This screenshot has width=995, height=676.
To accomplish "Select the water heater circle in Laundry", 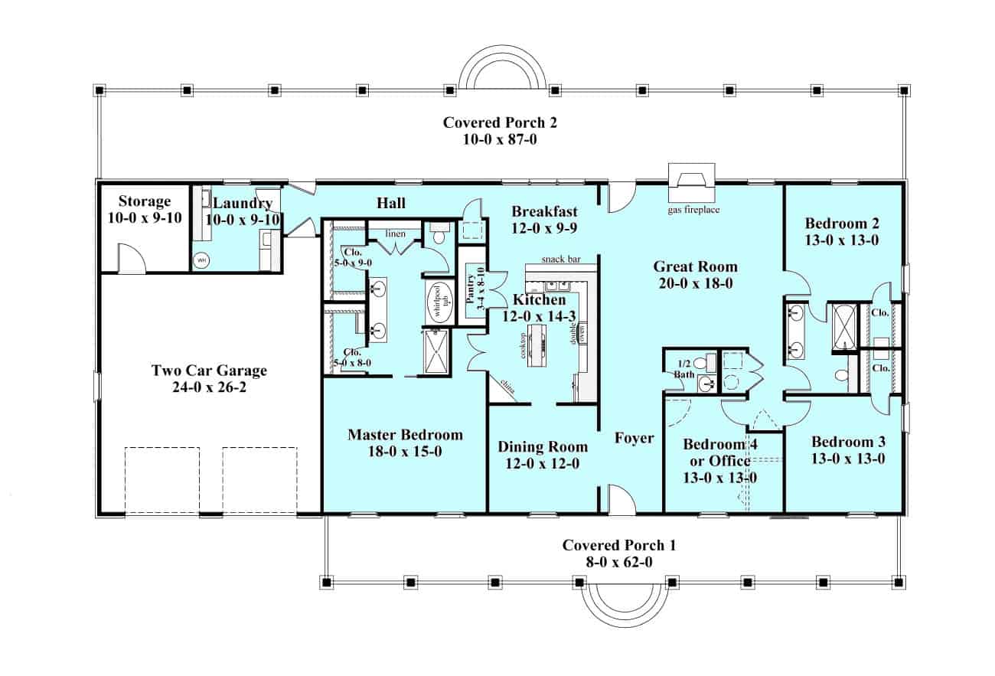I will [x=201, y=260].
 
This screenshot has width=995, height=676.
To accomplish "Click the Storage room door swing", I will [x=132, y=258].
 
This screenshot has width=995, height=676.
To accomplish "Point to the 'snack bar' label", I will [x=561, y=260].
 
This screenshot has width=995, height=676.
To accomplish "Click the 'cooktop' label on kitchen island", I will [x=524, y=345].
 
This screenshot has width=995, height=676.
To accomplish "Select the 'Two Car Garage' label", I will [x=209, y=371].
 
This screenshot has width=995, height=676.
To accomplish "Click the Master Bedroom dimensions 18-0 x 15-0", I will [x=405, y=452].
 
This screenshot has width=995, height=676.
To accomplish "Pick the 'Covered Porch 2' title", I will [x=490, y=122].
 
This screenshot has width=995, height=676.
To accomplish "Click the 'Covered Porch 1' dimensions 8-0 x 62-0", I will [x=619, y=561].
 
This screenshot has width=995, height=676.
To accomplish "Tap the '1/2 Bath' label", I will [x=683, y=369].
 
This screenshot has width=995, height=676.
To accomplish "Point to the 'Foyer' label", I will [x=635, y=438].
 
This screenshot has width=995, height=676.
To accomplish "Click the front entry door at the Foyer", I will [x=621, y=499].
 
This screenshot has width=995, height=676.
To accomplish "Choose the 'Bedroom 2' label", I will [x=842, y=224].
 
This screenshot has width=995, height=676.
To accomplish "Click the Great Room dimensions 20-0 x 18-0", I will [x=695, y=282].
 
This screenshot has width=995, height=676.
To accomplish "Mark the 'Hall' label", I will [x=391, y=203].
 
